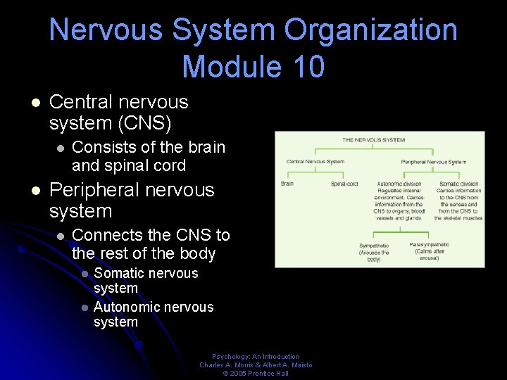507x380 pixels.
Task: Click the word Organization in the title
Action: (x=370, y=30)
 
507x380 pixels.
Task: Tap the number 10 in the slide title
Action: (x=306, y=67)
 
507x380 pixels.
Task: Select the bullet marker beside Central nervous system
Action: (x=36, y=103)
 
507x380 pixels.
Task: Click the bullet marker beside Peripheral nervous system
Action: (x=36, y=191)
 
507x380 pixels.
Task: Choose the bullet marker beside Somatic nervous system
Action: (x=84, y=274)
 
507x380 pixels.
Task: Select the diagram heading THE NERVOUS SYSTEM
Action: (x=373, y=140)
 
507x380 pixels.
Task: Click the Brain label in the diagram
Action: (x=287, y=184)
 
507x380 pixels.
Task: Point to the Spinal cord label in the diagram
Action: (x=344, y=184)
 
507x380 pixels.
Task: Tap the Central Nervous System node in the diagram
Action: (x=315, y=162)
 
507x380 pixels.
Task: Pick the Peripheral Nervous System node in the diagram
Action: (x=434, y=162)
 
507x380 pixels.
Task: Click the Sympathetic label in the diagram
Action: (x=374, y=246)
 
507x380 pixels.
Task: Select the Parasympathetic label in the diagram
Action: (x=429, y=245)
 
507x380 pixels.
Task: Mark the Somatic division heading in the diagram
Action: (x=458, y=184)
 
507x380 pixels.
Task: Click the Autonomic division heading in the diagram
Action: (x=399, y=184)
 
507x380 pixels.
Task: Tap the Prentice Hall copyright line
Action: (x=256, y=374)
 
